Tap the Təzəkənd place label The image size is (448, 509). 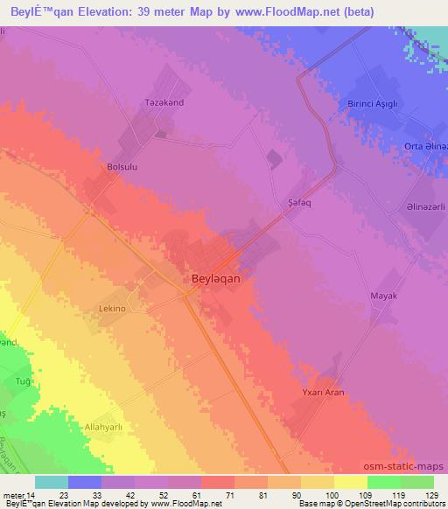[x=163, y=102]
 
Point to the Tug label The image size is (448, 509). [x=24, y=382]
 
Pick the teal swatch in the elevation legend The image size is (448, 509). [x=52, y=482]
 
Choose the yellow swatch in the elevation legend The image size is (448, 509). [x=350, y=482]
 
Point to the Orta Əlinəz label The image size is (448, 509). [x=425, y=146]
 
